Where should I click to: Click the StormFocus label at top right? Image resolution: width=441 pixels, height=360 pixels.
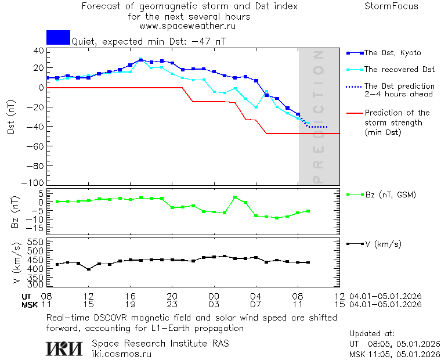point(391,6)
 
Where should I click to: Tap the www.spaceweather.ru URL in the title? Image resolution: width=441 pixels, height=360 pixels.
point(187,26)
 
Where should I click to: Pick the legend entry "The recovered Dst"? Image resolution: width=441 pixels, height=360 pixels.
point(399,70)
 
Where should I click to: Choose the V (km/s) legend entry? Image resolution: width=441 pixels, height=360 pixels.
point(382,244)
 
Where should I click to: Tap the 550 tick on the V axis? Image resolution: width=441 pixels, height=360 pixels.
point(36,242)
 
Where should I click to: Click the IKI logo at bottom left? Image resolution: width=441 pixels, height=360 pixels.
point(65,348)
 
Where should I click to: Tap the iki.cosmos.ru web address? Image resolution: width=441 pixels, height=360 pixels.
point(121,354)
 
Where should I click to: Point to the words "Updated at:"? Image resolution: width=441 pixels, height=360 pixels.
point(372,334)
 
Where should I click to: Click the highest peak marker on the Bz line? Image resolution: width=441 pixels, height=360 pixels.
point(235,197)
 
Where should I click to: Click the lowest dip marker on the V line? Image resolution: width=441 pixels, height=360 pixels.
point(88,269)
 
